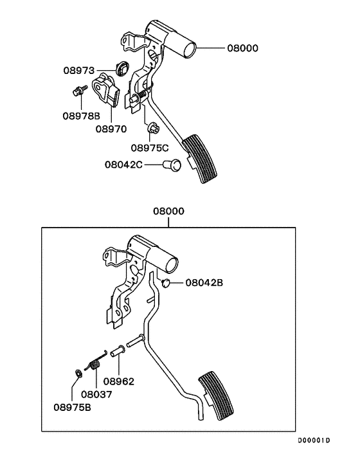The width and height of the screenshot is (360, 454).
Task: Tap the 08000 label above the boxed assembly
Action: coord(168,212)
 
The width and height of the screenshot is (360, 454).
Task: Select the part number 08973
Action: coord(79,69)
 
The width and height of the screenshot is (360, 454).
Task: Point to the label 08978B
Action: coord(81,116)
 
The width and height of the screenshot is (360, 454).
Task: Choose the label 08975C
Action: coord(150,147)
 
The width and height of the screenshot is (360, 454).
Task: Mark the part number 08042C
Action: coord(123,164)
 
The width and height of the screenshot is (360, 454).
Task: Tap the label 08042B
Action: coord(204,282)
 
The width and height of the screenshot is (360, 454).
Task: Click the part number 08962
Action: coord(118,381)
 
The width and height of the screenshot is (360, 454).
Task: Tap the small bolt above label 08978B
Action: coord(76,93)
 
